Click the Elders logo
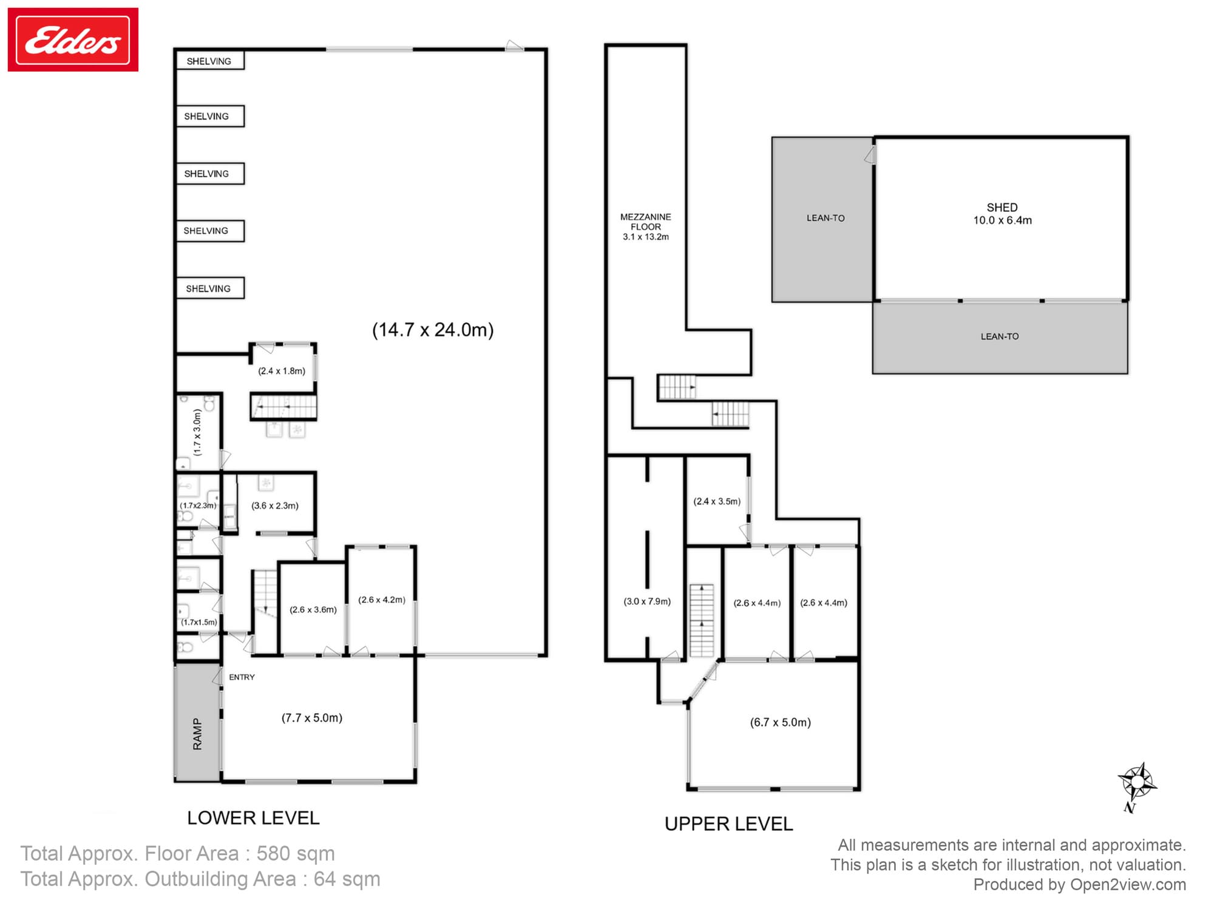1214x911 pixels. (x=73, y=40)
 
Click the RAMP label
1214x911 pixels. (x=197, y=734)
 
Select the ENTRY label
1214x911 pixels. (x=242, y=677)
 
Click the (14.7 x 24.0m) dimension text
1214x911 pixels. (x=433, y=330)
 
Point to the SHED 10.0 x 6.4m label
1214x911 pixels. (x=1002, y=214)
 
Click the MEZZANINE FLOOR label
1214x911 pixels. (x=645, y=227)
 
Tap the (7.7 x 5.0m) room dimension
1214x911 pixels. (x=311, y=718)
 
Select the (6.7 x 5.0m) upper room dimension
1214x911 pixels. (x=780, y=722)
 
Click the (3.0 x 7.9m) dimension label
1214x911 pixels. (x=647, y=601)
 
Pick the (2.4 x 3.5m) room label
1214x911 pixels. (x=717, y=501)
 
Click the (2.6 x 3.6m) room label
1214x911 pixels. (x=313, y=609)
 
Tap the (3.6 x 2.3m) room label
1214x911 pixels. (x=275, y=505)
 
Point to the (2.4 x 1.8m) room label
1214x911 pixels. (x=282, y=370)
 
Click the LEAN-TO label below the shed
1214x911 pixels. (x=1000, y=336)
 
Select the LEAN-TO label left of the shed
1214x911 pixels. (x=826, y=218)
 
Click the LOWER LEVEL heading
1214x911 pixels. (x=253, y=818)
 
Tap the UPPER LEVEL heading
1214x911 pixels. (x=728, y=824)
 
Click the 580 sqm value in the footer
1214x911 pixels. (x=296, y=853)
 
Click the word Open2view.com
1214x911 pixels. (x=1128, y=884)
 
